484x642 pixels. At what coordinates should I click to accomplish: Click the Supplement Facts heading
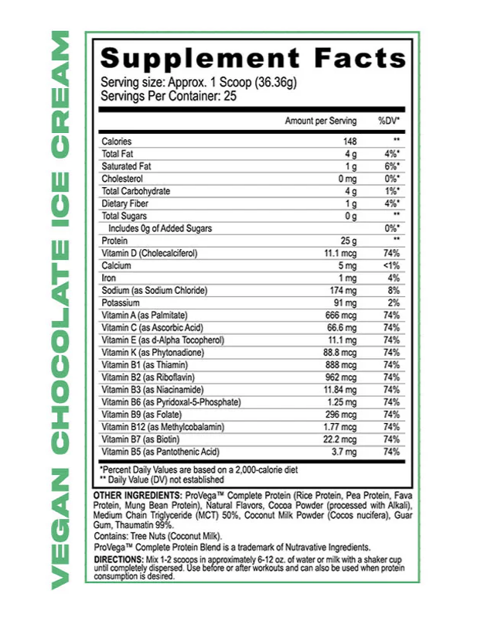click(x=253, y=59)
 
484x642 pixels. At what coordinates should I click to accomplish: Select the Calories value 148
click(x=349, y=142)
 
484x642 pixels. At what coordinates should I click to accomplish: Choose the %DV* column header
click(x=388, y=121)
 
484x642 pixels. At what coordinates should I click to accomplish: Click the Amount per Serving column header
click(x=321, y=121)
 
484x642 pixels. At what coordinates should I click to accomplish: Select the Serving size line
click(x=186, y=83)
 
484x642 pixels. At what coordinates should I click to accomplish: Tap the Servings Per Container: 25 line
click(x=168, y=96)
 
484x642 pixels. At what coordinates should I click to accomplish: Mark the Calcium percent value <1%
click(x=390, y=265)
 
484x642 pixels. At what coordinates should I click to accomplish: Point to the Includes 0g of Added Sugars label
click(x=160, y=228)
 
